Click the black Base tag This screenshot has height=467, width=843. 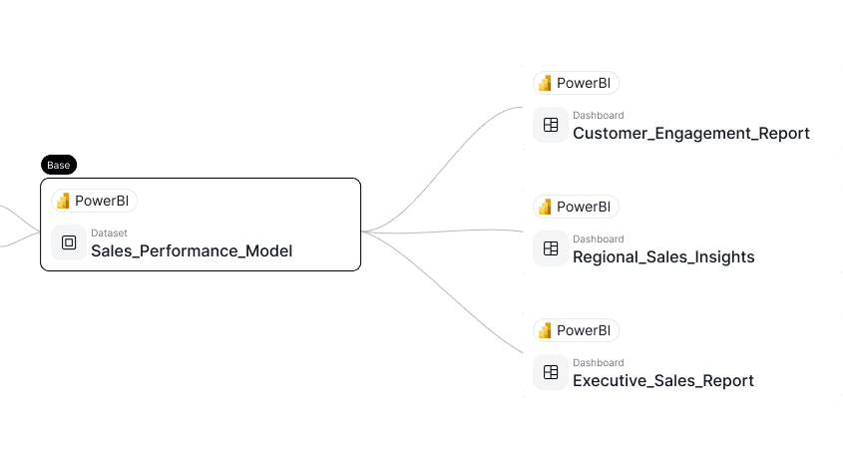coord(59,165)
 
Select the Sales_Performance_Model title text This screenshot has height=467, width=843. coord(192,251)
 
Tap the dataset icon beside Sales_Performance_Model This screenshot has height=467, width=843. coord(69,242)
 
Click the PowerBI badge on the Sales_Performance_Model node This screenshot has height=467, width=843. coord(94,201)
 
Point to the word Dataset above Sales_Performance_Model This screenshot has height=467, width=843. coord(109,233)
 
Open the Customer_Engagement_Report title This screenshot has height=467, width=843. coord(690,134)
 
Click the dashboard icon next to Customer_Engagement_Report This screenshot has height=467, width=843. coord(550,125)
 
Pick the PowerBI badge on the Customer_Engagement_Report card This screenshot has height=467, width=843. coord(576,83)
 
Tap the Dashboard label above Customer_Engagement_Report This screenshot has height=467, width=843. coord(598,116)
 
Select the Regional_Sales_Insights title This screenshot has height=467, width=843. coord(663,257)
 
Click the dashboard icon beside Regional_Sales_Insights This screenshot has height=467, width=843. coord(550,248)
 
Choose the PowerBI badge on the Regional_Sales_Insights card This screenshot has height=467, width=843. coord(576,207)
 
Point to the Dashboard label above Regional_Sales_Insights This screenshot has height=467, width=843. coord(598,239)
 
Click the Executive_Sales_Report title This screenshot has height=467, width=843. coord(662,381)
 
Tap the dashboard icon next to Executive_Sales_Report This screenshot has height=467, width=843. coord(550,372)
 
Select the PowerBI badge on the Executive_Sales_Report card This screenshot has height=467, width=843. coord(576,330)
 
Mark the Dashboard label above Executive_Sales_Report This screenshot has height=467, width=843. coord(598,363)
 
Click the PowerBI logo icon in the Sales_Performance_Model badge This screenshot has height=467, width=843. coord(63,201)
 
